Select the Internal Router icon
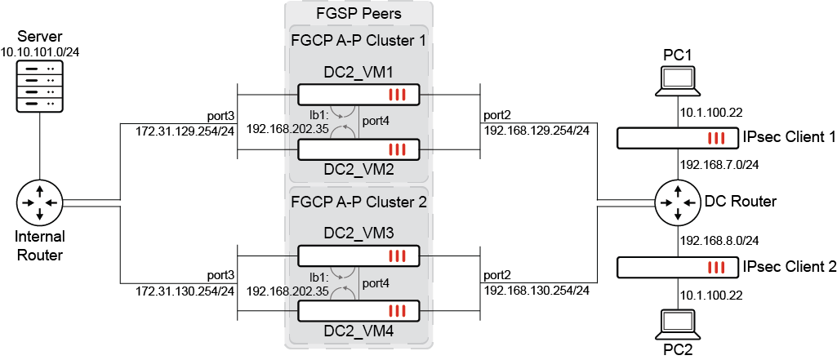[39, 202]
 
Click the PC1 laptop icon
[679, 81]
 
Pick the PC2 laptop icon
[679, 325]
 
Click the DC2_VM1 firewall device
[358, 96]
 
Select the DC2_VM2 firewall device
[358, 149]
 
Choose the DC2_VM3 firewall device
[358, 256]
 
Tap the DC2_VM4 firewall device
[358, 311]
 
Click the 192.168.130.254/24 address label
[536, 290]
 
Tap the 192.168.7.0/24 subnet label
[715, 164]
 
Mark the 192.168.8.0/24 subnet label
[715, 240]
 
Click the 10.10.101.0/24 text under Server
[45, 52]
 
